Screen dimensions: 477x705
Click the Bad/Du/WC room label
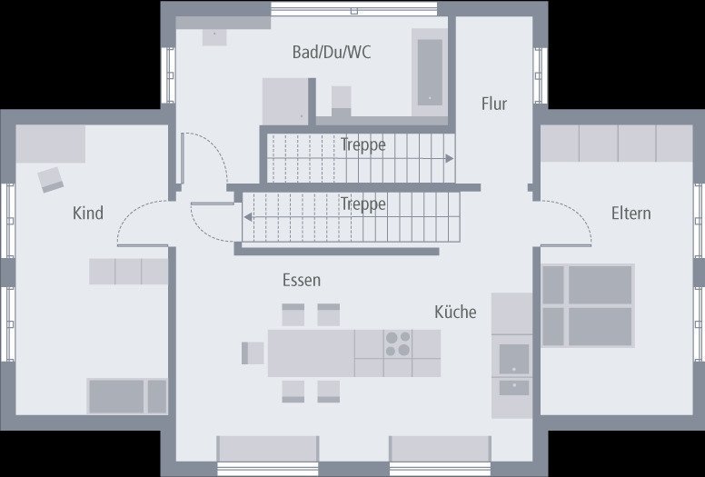click(x=331, y=53)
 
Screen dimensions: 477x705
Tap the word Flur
click(x=493, y=104)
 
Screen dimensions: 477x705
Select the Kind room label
click(x=88, y=214)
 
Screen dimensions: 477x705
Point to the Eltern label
click(x=631, y=214)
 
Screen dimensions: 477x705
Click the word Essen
click(x=301, y=280)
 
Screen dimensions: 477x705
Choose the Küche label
click(x=455, y=312)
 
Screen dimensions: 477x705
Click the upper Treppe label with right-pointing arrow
click(x=363, y=144)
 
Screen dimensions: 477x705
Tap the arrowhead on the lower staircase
click(x=246, y=217)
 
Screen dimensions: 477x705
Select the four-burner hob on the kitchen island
click(x=397, y=343)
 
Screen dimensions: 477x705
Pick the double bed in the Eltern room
click(x=588, y=306)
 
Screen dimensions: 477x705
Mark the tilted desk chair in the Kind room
click(x=50, y=179)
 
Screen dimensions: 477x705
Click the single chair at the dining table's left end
click(x=253, y=353)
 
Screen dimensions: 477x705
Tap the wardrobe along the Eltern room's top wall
click(x=617, y=144)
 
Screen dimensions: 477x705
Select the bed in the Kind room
click(x=127, y=396)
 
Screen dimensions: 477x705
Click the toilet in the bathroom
click(x=341, y=98)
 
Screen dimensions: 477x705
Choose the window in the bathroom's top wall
click(x=354, y=9)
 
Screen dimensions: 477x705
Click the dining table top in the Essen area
click(x=310, y=353)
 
